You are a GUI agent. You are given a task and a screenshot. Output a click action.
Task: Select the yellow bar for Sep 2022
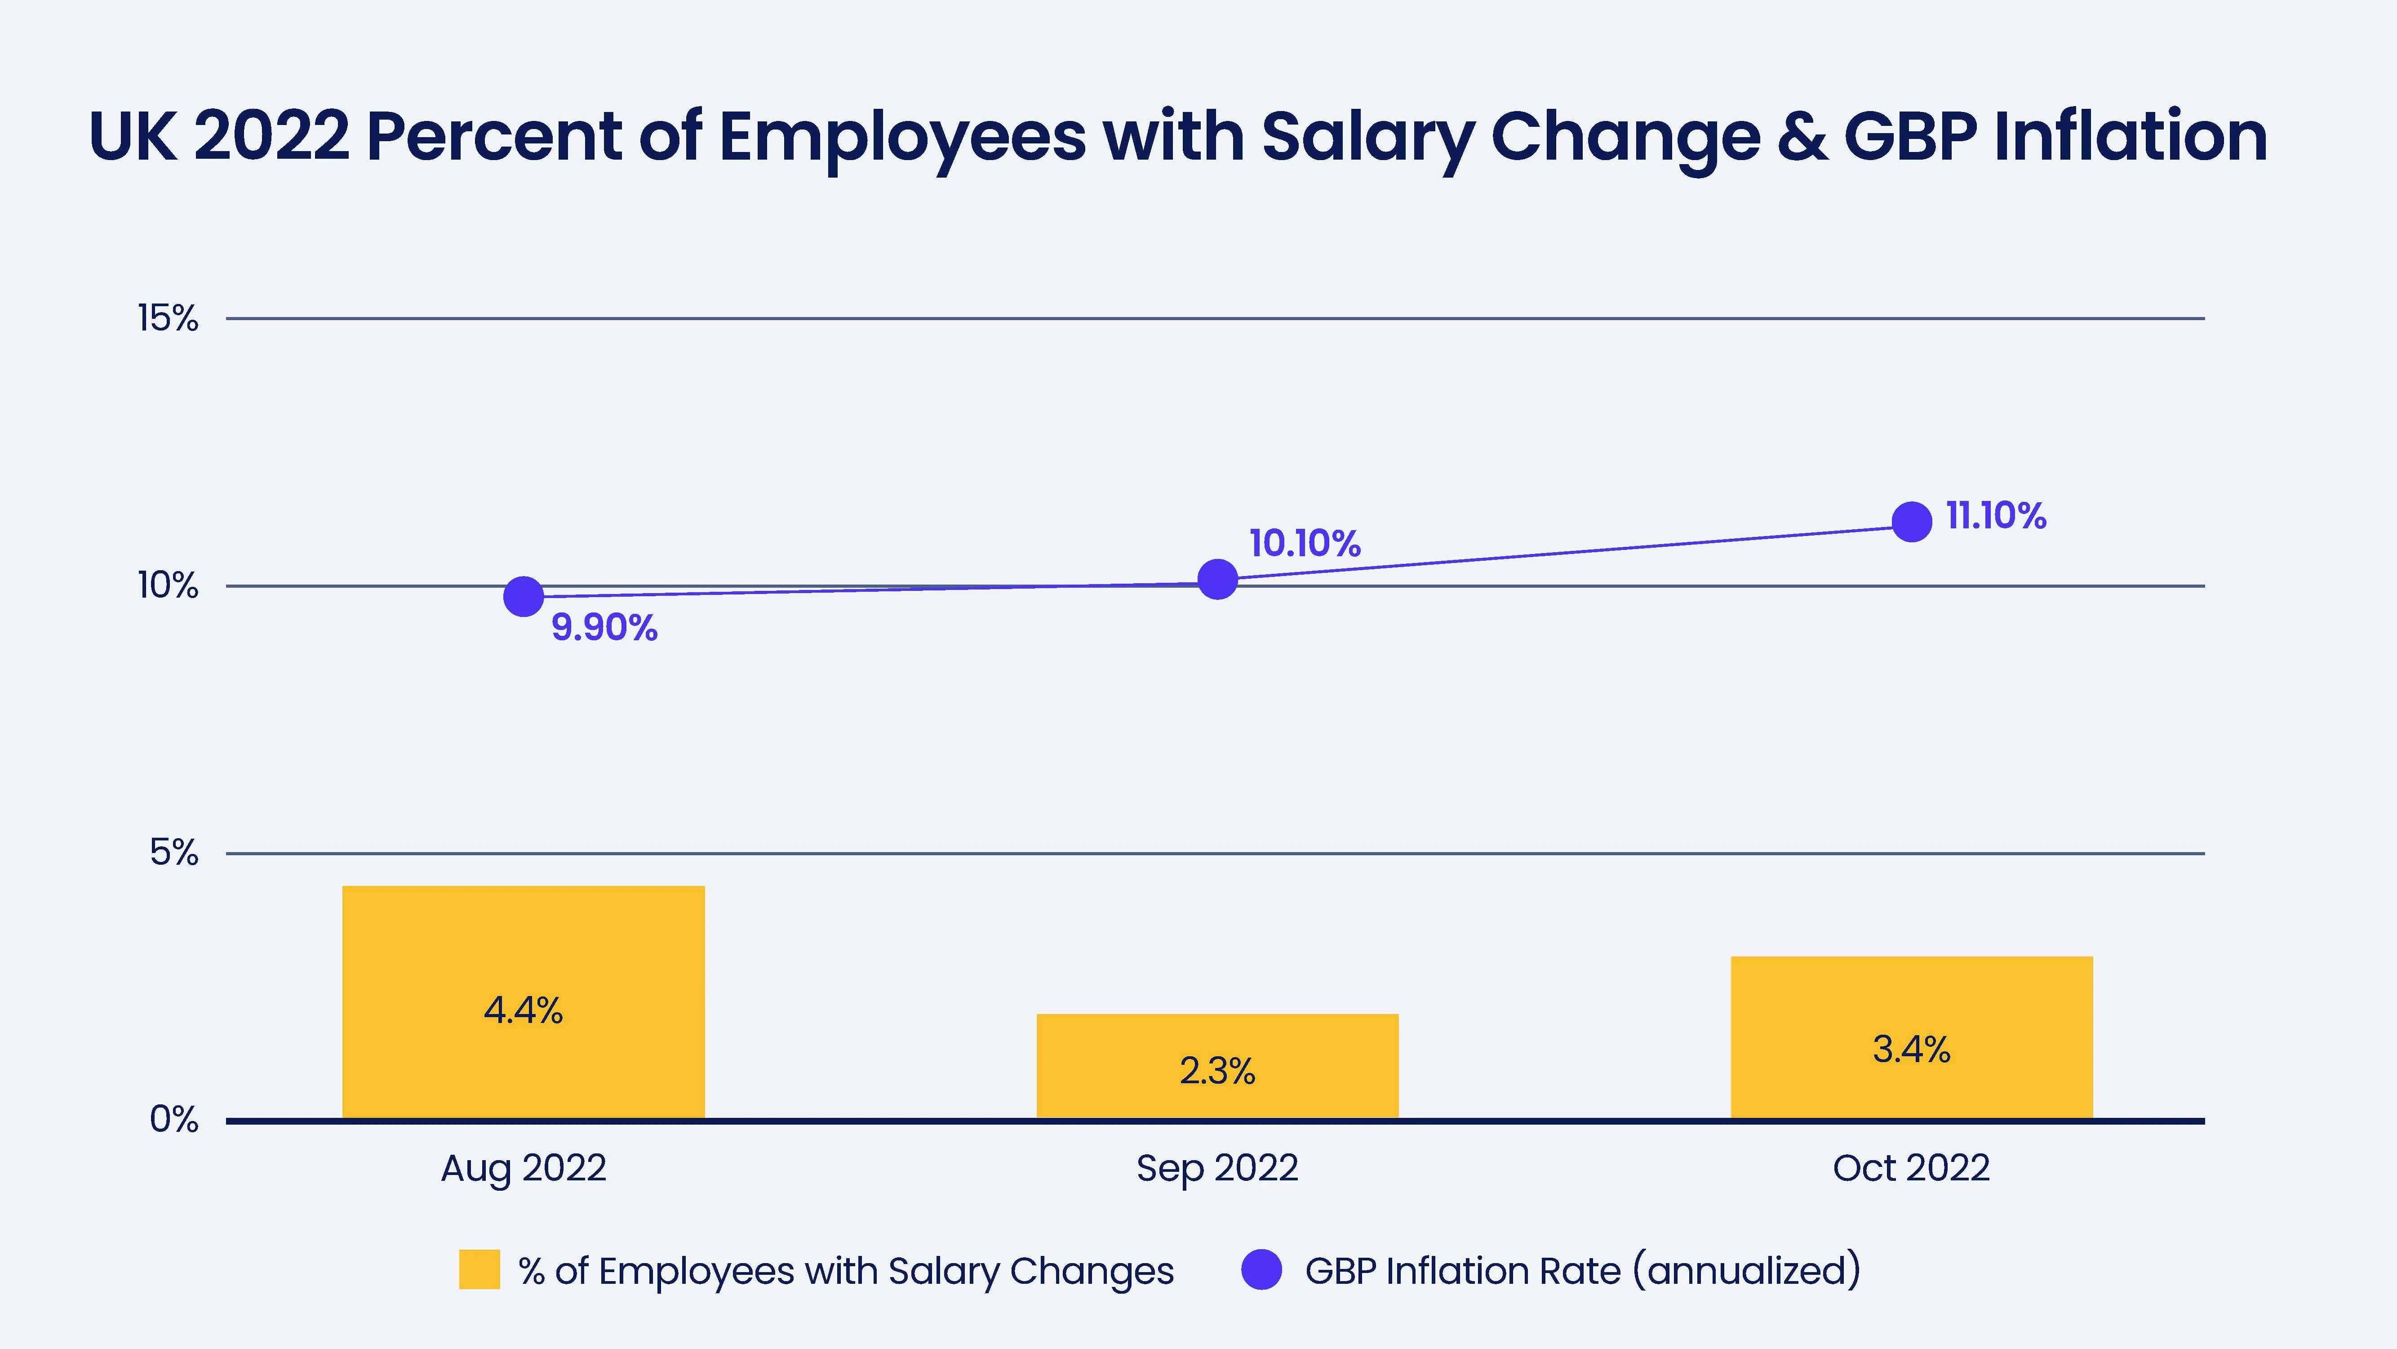[x=1217, y=1066]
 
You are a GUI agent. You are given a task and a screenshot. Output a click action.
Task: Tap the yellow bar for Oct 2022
[x=1911, y=1037]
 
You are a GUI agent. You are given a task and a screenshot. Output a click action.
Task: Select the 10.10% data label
[x=1305, y=544]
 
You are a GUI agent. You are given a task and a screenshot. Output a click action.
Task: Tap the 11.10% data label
[x=1996, y=516]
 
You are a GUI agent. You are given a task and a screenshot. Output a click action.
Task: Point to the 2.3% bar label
[x=1217, y=1072]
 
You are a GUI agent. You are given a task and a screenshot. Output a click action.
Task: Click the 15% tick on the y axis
[x=169, y=318]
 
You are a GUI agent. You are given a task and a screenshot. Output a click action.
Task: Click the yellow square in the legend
[x=479, y=1270]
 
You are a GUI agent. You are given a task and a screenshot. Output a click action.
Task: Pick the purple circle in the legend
[x=1262, y=1270]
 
